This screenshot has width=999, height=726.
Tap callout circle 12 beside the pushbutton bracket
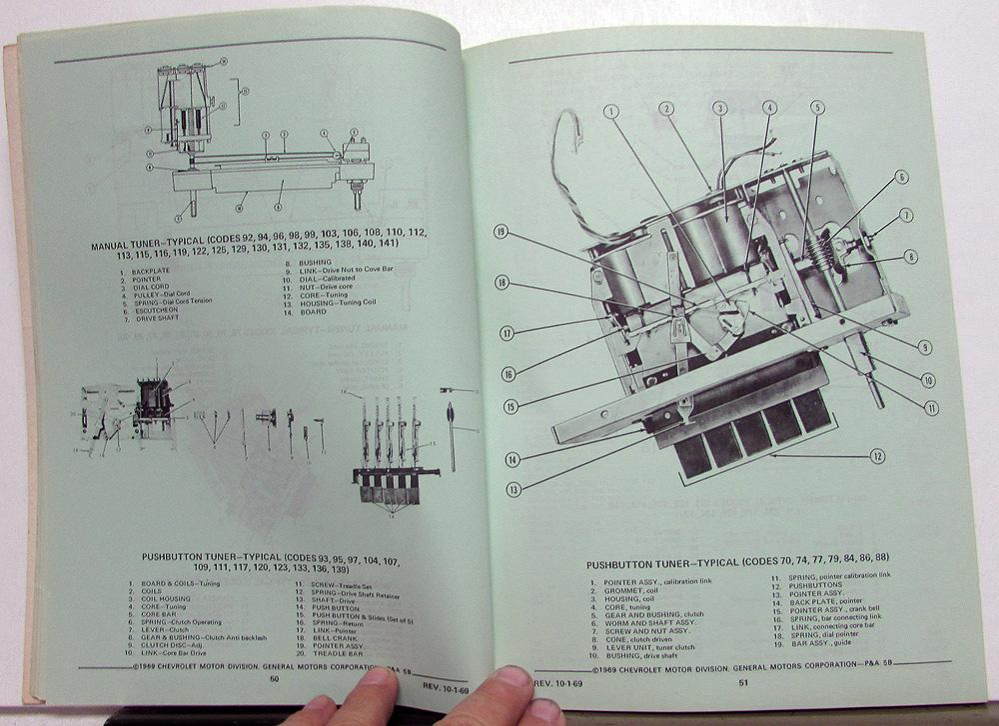click(876, 456)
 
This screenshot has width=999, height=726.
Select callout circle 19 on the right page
click(500, 233)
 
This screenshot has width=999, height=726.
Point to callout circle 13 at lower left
click(512, 490)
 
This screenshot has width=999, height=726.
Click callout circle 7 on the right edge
click(906, 214)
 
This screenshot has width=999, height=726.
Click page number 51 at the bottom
click(742, 684)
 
